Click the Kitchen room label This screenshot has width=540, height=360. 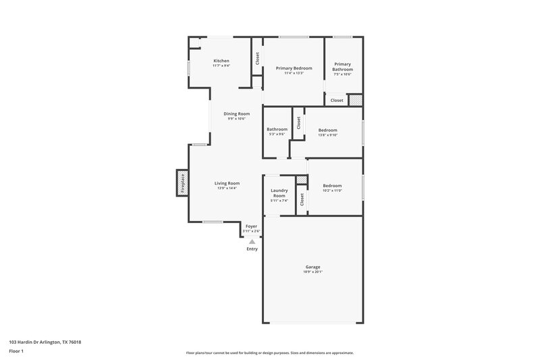click(x=221, y=61)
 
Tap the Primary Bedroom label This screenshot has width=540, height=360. click(x=294, y=68)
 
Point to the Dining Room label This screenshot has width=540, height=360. click(x=237, y=113)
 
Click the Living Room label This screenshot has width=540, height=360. click(x=227, y=183)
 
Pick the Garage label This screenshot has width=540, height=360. click(x=313, y=267)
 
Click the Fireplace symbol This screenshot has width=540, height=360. click(x=182, y=182)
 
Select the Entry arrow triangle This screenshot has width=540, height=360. click(x=252, y=240)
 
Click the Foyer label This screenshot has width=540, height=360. click(x=251, y=226)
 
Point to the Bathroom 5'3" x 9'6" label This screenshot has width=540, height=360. click(x=277, y=130)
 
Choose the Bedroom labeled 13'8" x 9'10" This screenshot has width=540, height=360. click(x=328, y=130)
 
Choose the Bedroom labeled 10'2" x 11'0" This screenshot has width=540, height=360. click(x=332, y=186)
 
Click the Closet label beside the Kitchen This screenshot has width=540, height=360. click(x=257, y=59)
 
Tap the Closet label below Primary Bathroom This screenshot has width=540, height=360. click(x=337, y=100)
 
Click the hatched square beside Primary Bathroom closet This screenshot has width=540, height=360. click(x=356, y=100)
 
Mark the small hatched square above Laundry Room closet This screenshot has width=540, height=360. click(x=302, y=180)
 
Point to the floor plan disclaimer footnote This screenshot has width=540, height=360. click(x=269, y=353)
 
